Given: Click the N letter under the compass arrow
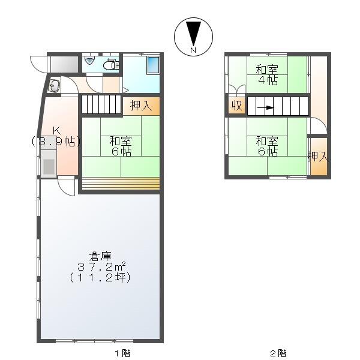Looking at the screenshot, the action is [x=193, y=50].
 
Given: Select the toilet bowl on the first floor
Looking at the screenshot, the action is [x=112, y=64].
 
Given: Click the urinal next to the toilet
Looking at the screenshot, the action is [x=89, y=61].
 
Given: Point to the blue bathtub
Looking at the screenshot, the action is [x=153, y=65].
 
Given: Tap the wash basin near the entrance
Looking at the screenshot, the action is [x=54, y=86].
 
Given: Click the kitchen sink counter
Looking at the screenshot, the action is [x=49, y=164].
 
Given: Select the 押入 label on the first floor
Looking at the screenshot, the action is [x=141, y=106].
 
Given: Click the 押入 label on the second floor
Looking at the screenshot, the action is [x=319, y=157].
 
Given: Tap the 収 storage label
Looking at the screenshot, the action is [x=236, y=106].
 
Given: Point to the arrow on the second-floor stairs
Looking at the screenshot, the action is [x=266, y=107].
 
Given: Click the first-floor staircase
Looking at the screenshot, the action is [x=101, y=104].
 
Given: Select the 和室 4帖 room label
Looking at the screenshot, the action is [x=267, y=75].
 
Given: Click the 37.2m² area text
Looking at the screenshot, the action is [x=101, y=267].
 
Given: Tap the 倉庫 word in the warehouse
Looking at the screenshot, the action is [x=100, y=256].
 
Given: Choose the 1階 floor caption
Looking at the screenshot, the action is [x=122, y=353].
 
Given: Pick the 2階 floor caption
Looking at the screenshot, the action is [x=278, y=353].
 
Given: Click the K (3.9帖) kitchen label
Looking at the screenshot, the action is [x=56, y=136].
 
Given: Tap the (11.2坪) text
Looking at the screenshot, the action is [x=100, y=277].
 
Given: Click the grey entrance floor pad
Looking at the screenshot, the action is [x=64, y=64].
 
